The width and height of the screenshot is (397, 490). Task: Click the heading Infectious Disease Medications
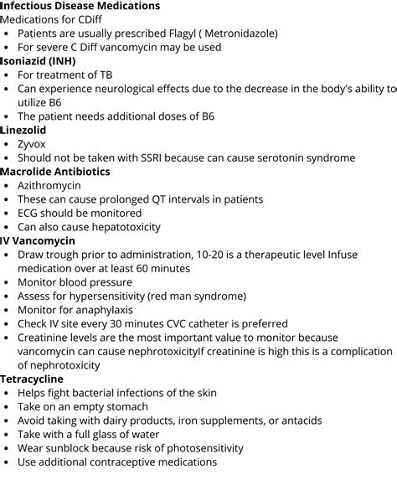click(80, 6)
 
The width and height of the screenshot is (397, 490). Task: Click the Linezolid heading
click(23, 130)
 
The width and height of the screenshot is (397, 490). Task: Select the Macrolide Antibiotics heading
click(55, 172)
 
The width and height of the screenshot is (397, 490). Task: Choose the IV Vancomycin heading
click(38, 240)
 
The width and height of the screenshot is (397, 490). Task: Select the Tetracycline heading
click(32, 379)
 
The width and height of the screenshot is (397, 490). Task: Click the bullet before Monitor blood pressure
click(8, 282)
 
